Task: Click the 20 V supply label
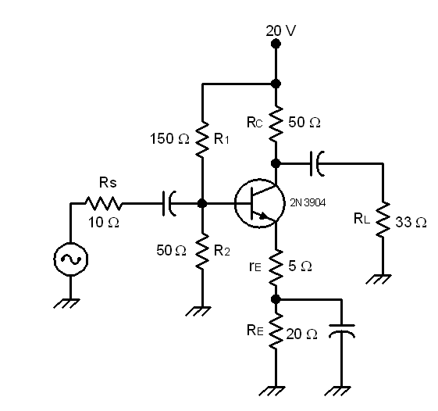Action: tap(280, 30)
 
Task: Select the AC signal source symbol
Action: tap(70, 258)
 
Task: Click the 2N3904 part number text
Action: tap(308, 202)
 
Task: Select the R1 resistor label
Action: tap(223, 140)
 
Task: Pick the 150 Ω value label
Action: tap(169, 140)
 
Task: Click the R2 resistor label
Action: tap(223, 251)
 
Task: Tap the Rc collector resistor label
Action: tap(255, 122)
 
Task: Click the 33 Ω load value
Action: tap(411, 223)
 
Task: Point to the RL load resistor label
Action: tap(361, 220)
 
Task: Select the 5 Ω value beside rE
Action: tap(301, 266)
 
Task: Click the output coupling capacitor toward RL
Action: tap(318, 164)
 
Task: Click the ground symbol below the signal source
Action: tap(70, 303)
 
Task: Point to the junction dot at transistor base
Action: tap(202, 204)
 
